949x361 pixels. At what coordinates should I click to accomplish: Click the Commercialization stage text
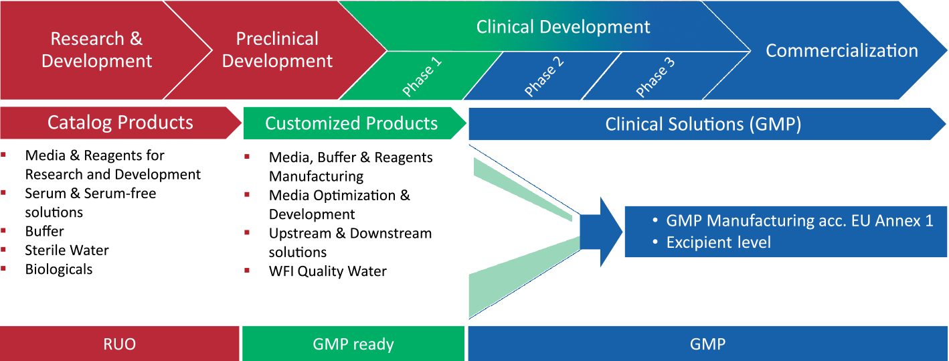841,51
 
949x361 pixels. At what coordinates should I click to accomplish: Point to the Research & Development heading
96,50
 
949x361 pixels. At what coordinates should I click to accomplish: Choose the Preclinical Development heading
277,50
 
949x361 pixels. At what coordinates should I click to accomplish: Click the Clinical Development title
563,27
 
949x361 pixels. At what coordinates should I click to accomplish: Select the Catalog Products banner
120,123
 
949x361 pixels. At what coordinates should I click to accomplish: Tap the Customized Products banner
351,123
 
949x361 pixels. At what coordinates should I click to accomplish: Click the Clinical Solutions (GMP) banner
703,124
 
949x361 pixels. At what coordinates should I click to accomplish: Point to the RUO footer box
119,344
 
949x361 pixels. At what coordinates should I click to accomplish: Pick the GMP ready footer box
353,344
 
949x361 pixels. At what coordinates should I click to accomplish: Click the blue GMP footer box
707,344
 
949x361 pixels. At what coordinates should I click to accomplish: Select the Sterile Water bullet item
67,250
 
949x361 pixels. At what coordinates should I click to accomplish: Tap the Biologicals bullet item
59,269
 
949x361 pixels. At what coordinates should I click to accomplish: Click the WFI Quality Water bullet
327,271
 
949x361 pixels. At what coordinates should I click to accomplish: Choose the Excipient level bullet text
718,242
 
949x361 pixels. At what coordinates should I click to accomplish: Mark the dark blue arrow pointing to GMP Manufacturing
600,232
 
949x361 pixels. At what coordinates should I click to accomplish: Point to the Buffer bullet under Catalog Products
44,231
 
